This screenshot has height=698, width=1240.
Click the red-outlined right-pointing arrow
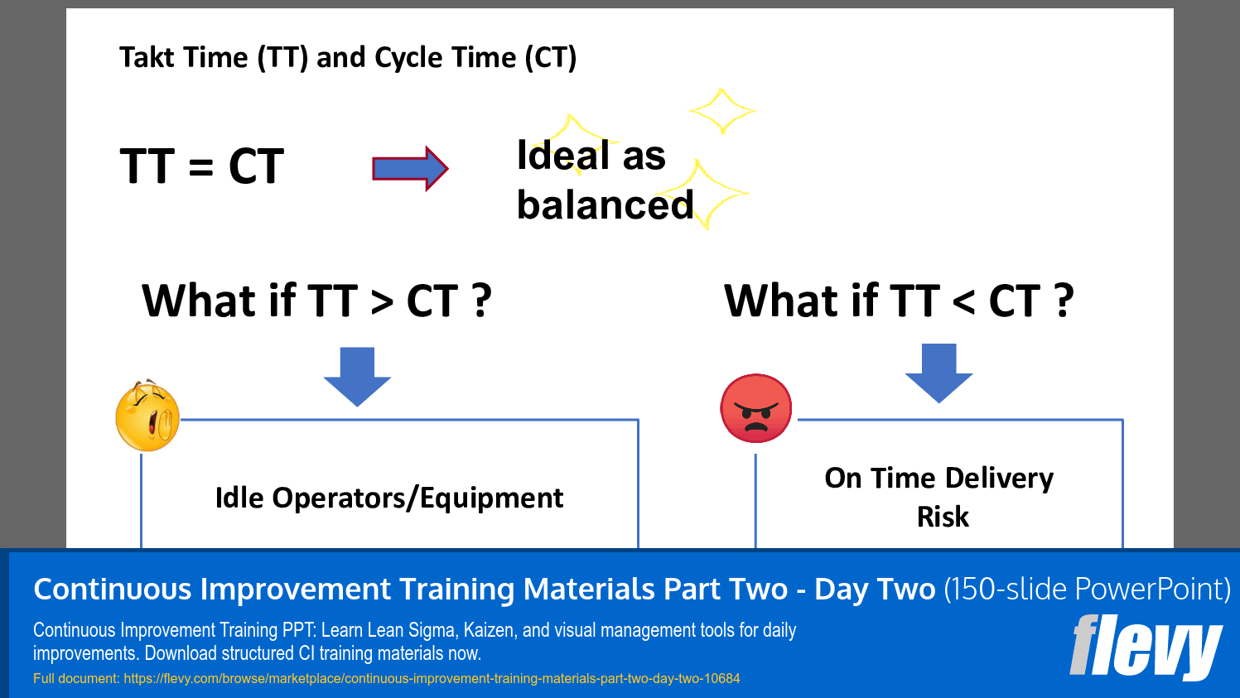coord(410,169)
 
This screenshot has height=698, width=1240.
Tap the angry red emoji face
coord(755,408)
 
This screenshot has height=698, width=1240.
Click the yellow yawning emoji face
coord(147,416)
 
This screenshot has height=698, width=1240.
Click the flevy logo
coord(1146,647)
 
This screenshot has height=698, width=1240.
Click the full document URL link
coord(432,679)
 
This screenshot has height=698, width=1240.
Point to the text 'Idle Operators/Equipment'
coord(388,498)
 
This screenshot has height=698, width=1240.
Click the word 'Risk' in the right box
coord(943,517)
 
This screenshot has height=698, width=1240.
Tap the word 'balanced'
coord(605,205)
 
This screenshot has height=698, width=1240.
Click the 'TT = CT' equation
coord(201,166)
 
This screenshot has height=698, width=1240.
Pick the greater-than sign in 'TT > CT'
coord(382,302)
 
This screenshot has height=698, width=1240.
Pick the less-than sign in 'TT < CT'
coord(963,302)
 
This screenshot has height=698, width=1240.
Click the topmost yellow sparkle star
coord(721,110)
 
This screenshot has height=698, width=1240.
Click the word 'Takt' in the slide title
coord(151,58)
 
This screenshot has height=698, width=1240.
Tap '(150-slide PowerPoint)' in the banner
coord(1087,590)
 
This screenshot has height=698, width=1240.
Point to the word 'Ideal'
coord(563,156)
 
